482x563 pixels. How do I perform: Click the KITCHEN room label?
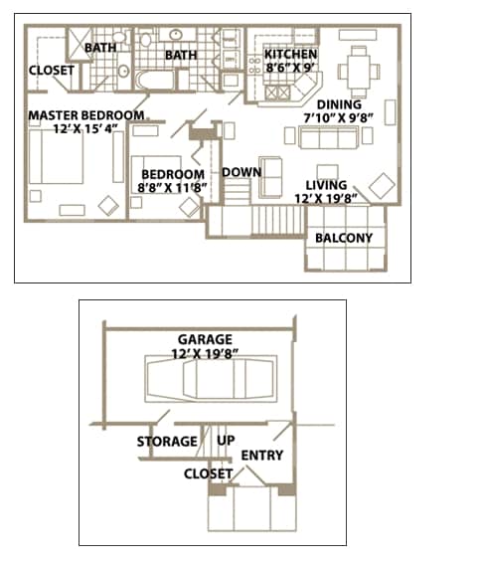click(290, 55)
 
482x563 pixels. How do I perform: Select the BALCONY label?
click(343, 238)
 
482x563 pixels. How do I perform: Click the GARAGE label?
click(205, 339)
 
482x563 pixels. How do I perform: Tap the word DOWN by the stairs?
click(241, 172)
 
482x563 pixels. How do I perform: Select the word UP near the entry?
click(226, 440)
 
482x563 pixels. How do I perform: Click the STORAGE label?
click(167, 442)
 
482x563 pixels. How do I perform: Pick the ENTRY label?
click(262, 456)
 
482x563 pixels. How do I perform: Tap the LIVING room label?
click(326, 185)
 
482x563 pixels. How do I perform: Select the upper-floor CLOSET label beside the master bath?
click(51, 71)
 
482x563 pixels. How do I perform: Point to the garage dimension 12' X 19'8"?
click(205, 353)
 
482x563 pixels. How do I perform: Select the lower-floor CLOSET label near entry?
click(209, 473)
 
